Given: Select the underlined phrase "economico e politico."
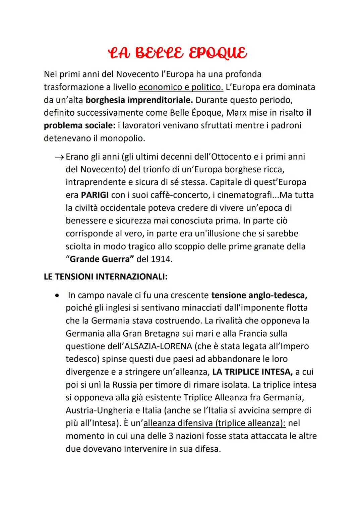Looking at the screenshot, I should (181, 87).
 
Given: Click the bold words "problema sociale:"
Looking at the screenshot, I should (79, 125).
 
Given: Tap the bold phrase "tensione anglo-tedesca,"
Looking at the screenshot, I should (259, 295).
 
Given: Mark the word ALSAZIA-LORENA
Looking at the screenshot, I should (157, 346).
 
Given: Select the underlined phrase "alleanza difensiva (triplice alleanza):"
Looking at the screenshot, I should (215, 423).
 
